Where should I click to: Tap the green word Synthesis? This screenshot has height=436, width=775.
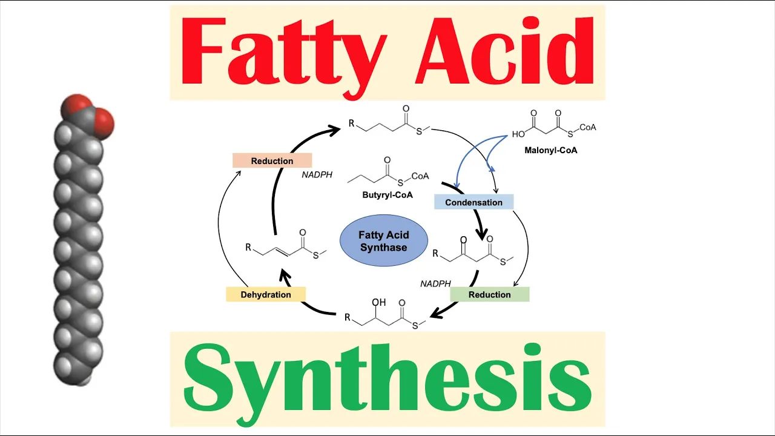tap(387, 378)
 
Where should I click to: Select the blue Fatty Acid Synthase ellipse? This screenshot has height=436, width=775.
tap(384, 241)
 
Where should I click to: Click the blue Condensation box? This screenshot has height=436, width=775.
tap(473, 202)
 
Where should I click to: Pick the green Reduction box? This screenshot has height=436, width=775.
tap(489, 294)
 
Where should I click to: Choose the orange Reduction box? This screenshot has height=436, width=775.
tap(272, 160)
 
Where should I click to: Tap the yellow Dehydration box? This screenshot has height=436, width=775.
tap(266, 294)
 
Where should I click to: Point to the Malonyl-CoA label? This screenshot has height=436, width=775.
tap(550, 150)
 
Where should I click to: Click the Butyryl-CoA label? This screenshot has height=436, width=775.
tap(387, 195)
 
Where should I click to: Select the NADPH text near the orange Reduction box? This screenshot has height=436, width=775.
tap(317, 175)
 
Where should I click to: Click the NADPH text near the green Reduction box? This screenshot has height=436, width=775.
tap(435, 283)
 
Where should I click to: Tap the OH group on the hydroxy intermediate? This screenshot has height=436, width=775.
tap(379, 302)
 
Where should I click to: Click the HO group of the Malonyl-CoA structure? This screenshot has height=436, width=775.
tap(518, 134)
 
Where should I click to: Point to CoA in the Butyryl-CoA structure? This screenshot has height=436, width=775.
tap(420, 176)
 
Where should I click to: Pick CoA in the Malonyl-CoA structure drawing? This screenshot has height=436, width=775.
tap(587, 127)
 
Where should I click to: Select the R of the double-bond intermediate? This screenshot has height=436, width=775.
tap(248, 247)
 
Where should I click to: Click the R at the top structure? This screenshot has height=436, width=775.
tap(351, 124)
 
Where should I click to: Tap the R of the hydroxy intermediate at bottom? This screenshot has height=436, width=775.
tap(348, 317)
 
